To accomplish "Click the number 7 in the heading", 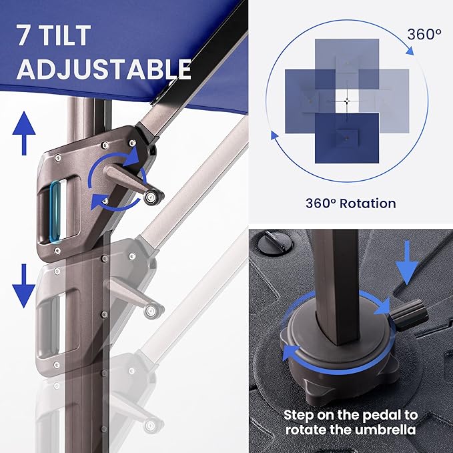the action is click(x=24, y=35).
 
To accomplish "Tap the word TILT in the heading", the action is click(x=65, y=35).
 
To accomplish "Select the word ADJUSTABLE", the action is click(x=103, y=69).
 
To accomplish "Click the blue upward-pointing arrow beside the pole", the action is click(x=24, y=133).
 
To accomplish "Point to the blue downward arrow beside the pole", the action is click(x=24, y=286).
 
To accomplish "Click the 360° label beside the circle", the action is click(x=424, y=35).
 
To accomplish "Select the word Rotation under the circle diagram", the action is click(x=368, y=203).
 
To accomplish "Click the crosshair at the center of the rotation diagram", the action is click(x=348, y=101).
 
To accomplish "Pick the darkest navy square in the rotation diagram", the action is click(x=347, y=138).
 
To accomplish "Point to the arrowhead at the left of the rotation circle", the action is click(x=274, y=135).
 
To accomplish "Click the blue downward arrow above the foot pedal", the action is click(x=407, y=263).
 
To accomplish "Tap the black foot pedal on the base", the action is click(x=409, y=315).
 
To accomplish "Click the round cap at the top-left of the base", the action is click(x=275, y=242).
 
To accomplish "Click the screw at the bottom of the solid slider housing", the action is click(x=57, y=250).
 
